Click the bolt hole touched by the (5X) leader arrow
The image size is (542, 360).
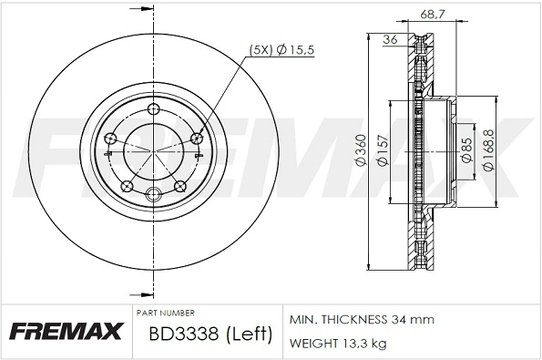[199, 138]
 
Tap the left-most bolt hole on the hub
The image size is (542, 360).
[110, 138]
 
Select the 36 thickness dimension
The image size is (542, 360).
[390, 39]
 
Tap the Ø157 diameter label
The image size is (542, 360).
[383, 150]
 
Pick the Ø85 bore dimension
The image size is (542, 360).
[465, 150]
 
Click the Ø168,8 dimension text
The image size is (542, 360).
[488, 150]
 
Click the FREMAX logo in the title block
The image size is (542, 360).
[65, 331]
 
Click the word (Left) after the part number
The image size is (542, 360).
[248, 334]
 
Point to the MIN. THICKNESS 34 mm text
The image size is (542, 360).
[362, 320]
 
